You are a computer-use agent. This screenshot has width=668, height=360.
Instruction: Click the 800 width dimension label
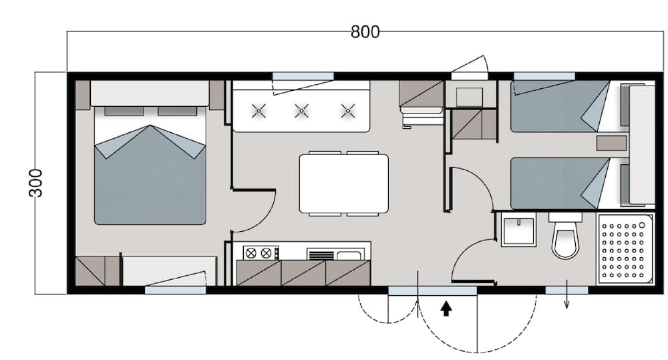click(365, 31)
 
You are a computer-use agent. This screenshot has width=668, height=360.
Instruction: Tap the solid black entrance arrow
click(447, 308)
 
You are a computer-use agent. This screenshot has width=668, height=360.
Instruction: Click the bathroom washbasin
click(518, 231)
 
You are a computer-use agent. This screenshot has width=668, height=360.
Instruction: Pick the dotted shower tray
click(625, 249)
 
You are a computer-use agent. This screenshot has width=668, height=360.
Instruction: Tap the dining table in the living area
click(343, 183)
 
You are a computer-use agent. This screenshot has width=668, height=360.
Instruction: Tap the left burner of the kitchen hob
click(251, 252)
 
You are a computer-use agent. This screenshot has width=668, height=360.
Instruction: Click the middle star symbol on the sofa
click(302, 110)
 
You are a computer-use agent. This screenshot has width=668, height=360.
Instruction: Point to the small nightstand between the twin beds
click(611, 143)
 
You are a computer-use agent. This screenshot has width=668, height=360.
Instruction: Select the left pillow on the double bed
click(124, 110)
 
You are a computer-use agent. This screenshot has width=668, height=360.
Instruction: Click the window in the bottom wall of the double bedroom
click(175, 290)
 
